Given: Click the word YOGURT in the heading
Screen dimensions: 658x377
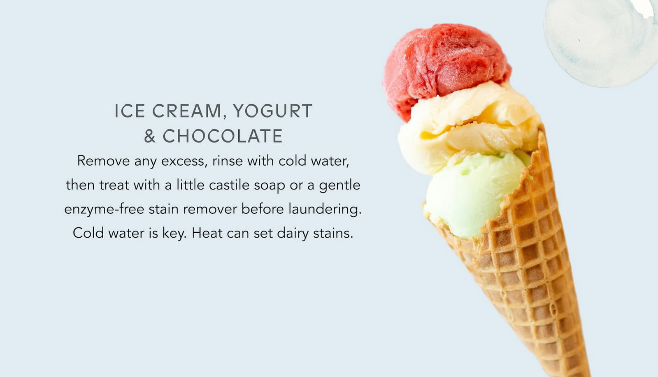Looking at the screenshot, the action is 272,111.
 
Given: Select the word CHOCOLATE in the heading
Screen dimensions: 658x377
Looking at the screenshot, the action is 223,136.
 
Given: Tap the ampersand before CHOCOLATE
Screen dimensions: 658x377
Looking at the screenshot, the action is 150,136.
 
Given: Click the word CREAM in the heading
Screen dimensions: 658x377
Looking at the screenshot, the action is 188,111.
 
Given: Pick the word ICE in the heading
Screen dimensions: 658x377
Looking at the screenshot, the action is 130,111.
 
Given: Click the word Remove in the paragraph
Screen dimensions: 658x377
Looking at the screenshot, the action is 103,161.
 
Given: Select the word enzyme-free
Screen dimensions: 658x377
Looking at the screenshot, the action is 104,209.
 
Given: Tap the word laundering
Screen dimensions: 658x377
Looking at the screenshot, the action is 325,209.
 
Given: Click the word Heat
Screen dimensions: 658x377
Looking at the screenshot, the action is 207,233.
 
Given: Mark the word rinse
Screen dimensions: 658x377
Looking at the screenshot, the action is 228,161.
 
